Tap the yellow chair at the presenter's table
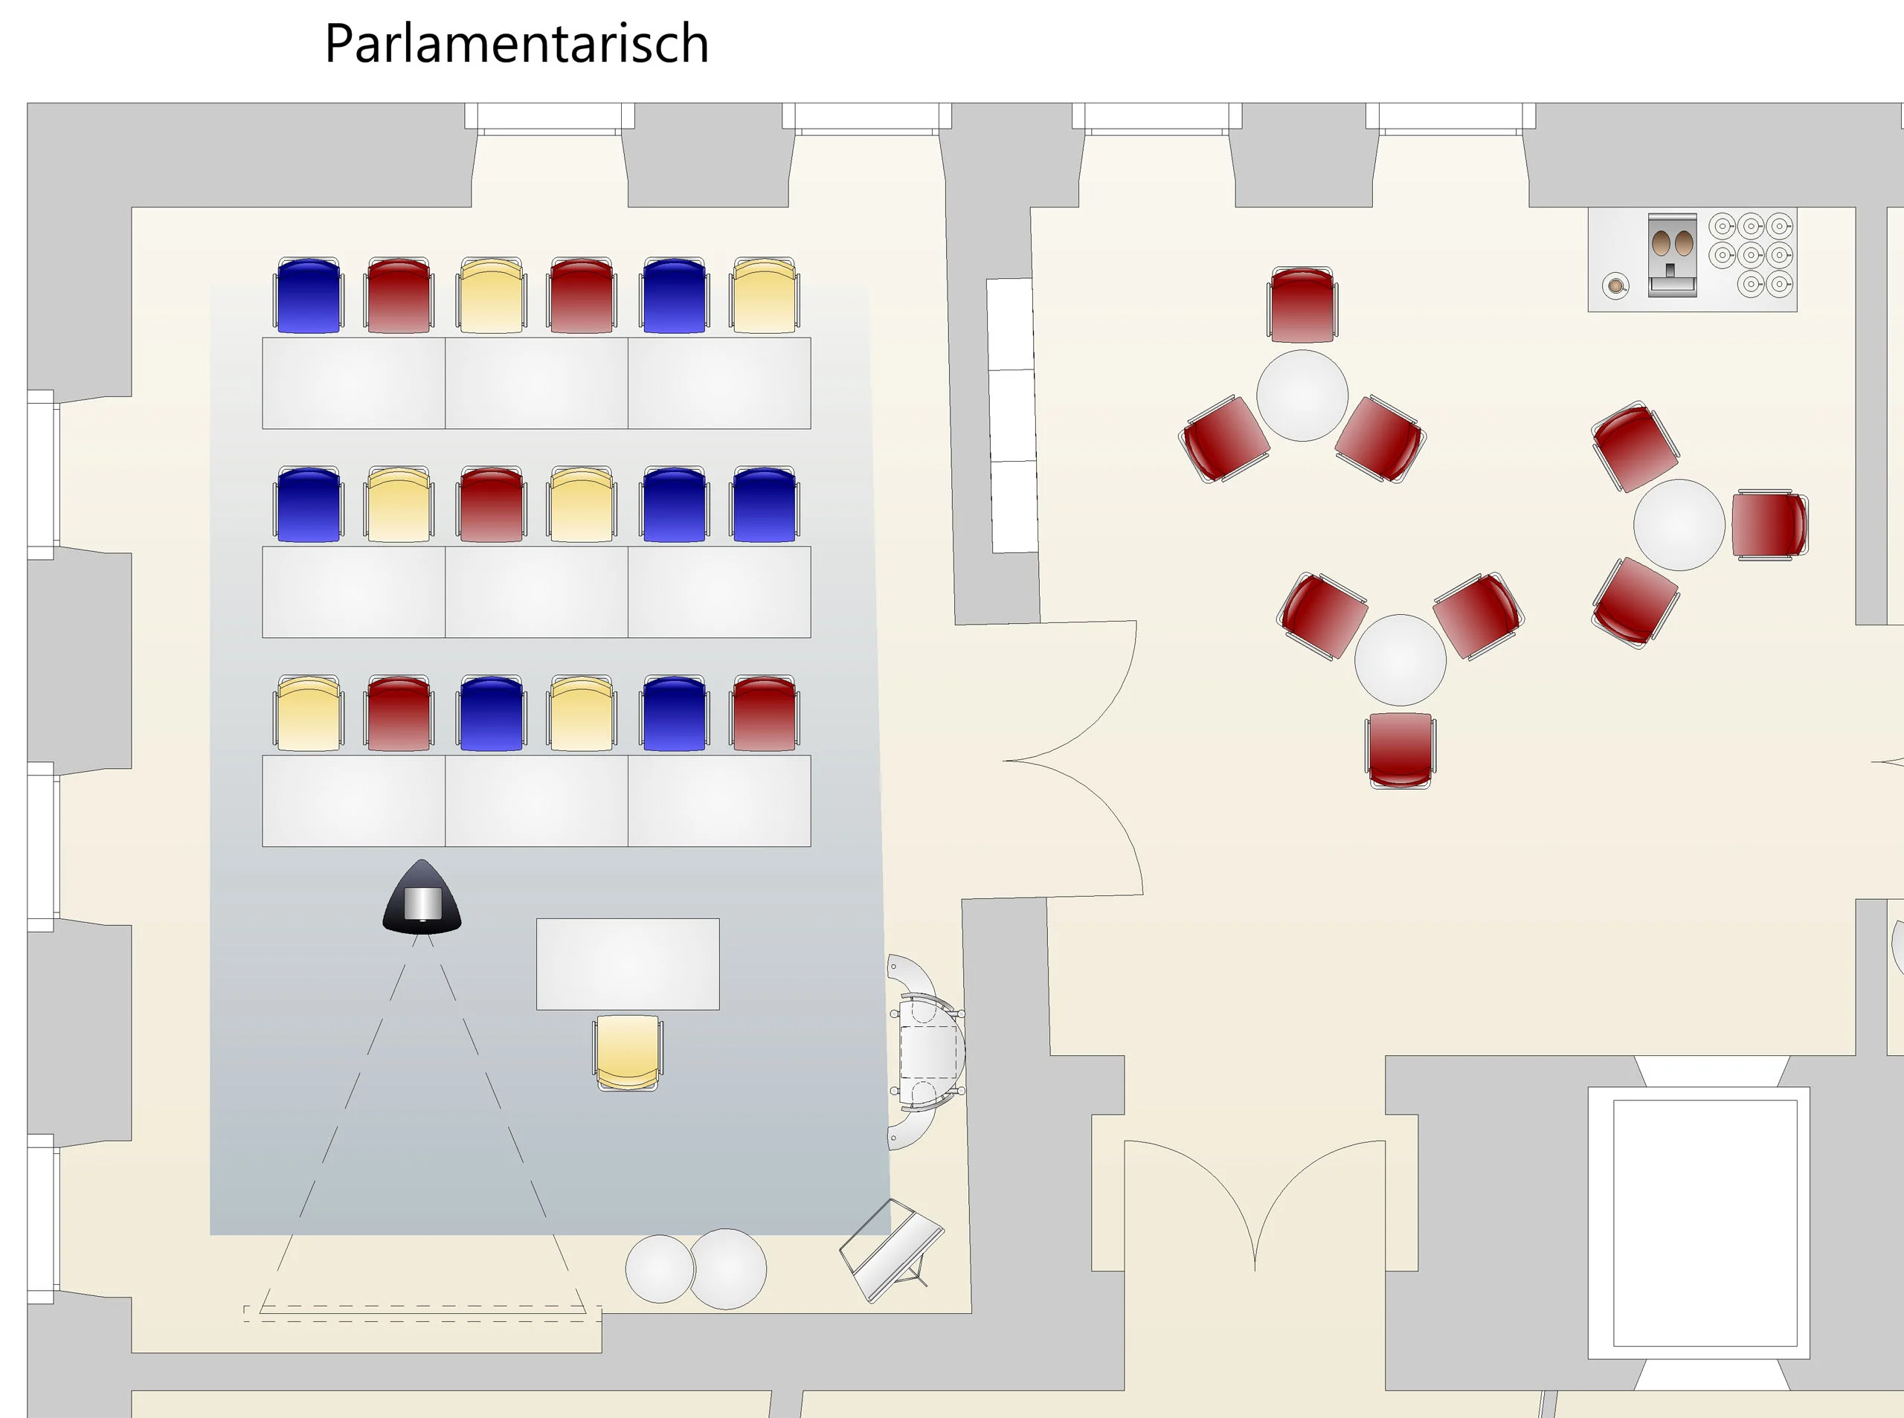pos(628,1052)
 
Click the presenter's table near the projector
pos(628,964)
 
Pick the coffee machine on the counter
pos(1671,254)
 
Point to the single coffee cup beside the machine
pos(1615,285)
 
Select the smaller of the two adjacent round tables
pos(659,1269)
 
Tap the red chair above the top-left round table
pos(1302,305)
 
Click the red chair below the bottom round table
pos(1400,750)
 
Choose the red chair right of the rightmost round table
pos(1769,524)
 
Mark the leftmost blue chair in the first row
pos(308,295)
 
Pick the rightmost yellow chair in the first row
pos(764,295)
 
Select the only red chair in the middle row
pos(491,505)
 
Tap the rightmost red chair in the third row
pos(764,714)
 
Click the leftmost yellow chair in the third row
pos(308,714)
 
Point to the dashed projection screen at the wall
pos(422,1313)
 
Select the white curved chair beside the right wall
pos(927,1051)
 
